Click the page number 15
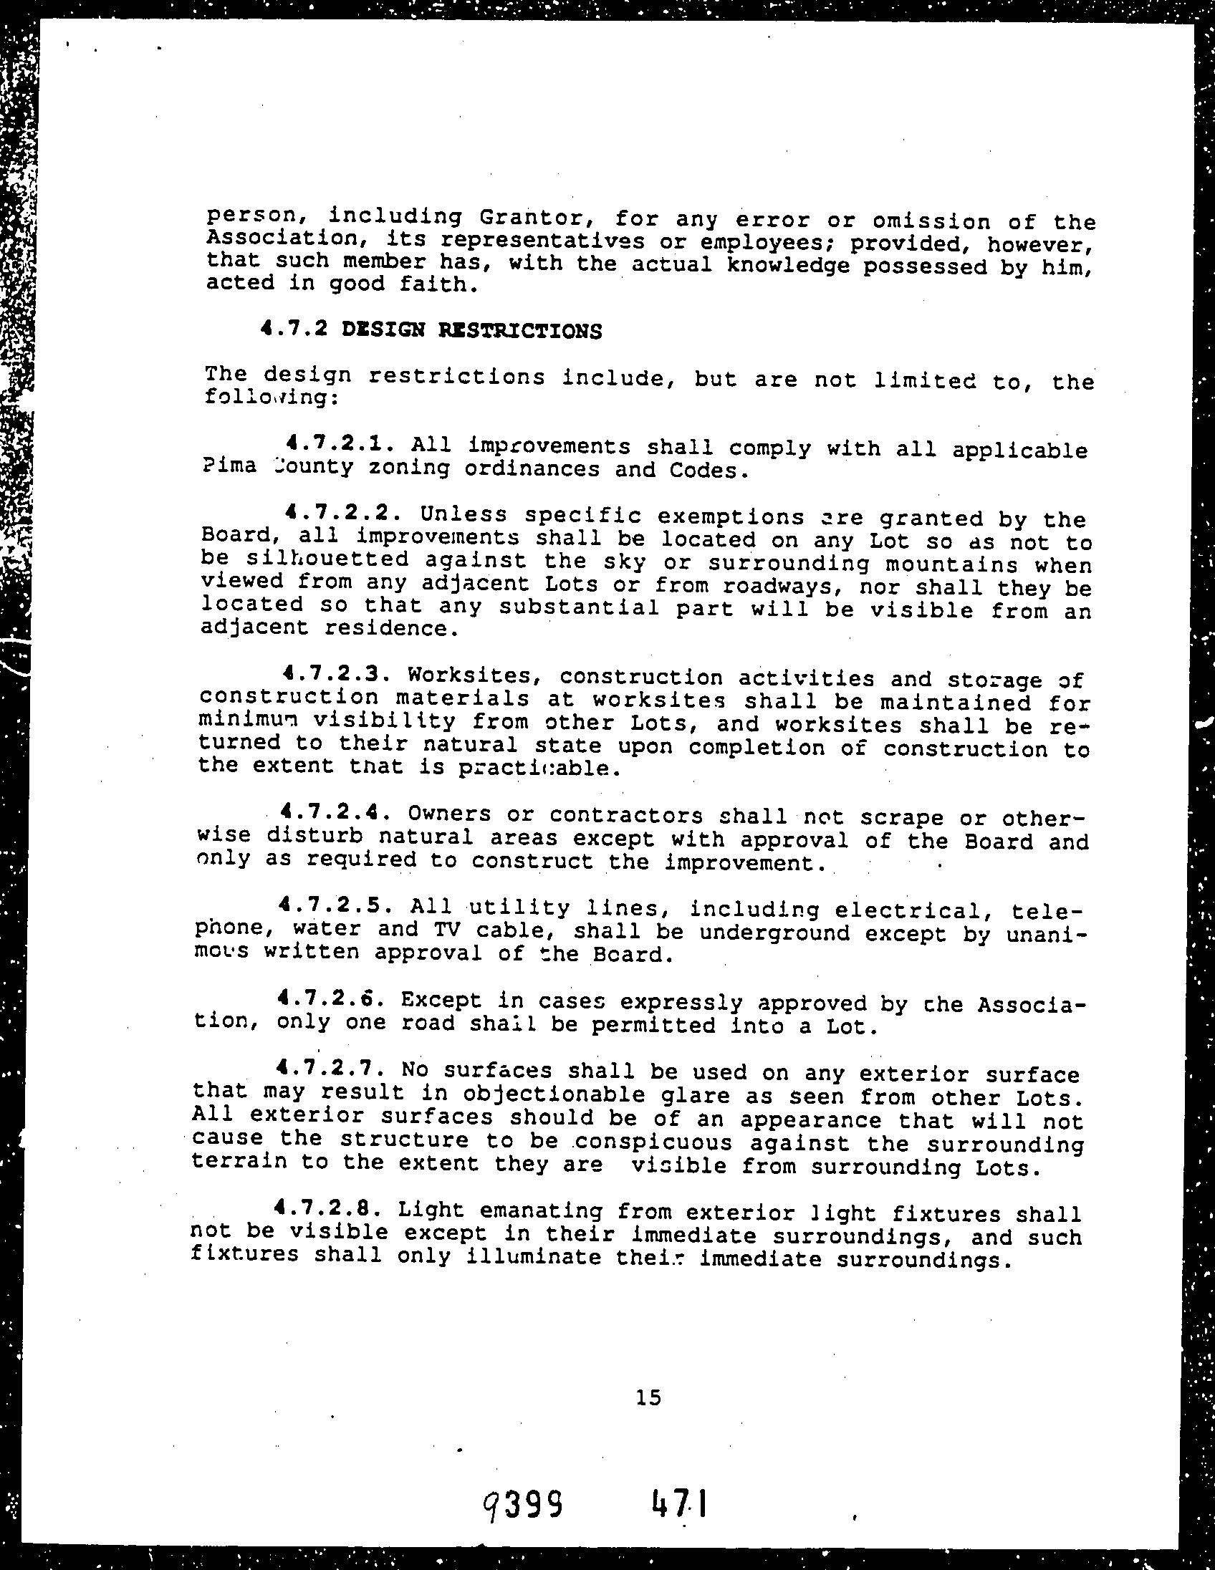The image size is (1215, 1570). [648, 1397]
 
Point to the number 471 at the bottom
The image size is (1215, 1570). [678, 1503]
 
